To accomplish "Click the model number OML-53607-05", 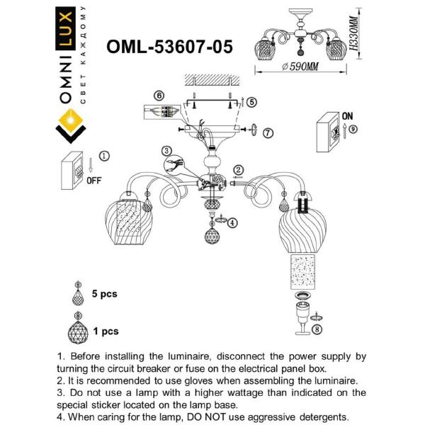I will [169, 46].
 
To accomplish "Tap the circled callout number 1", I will [105, 155].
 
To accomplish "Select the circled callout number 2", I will [239, 169].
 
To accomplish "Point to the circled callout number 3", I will [165, 150].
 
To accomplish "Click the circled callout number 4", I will [233, 222].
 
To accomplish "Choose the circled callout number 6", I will [159, 95].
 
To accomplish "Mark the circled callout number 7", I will [267, 132].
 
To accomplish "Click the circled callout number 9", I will [353, 129].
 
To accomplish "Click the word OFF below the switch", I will [93, 180].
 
